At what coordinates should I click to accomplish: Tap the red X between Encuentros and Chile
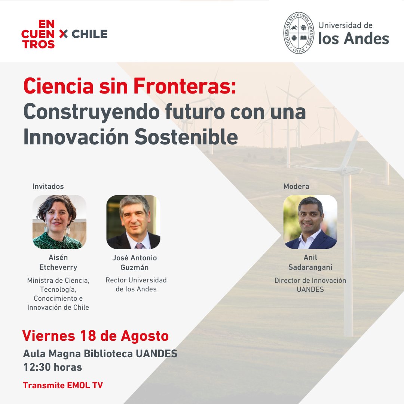point(64,34)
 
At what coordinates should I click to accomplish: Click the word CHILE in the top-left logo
point(89,34)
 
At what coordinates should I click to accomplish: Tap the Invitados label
point(48,186)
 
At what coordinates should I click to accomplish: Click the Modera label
point(296,186)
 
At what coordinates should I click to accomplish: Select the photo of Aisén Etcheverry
point(59,222)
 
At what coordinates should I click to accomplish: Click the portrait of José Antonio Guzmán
point(133,222)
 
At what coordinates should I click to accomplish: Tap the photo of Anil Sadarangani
point(310,222)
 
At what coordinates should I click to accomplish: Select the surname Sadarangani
point(310,267)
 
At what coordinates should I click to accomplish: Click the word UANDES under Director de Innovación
point(310,289)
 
